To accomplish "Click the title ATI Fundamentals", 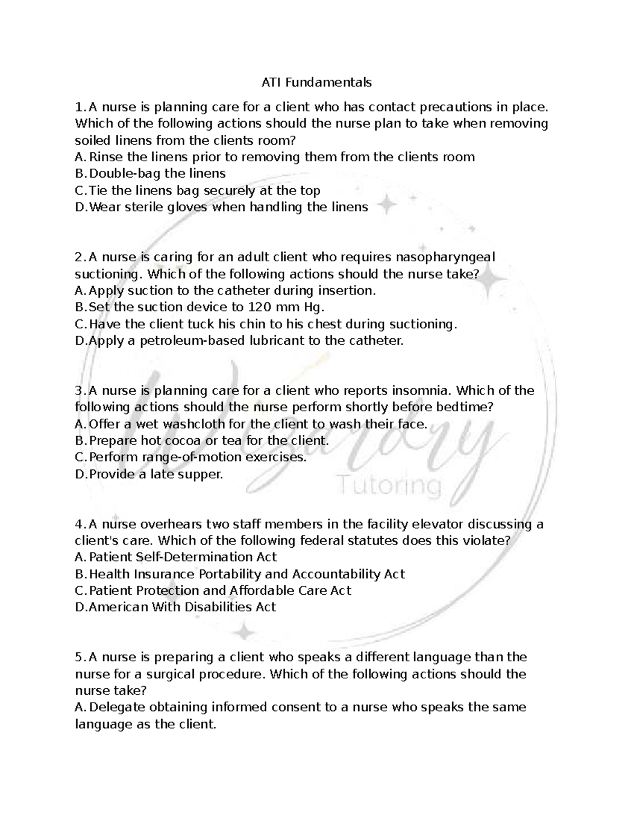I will tap(316, 82).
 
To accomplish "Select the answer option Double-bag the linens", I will tap(157, 173).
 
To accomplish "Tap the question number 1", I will tap(79, 107).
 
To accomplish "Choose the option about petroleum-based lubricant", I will tap(245, 340).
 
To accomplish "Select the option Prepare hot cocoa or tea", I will tap(209, 440).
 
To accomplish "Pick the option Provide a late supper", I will tap(156, 474).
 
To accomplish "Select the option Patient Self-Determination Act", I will tap(182, 557).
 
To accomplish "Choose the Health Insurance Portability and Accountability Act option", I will tap(247, 574).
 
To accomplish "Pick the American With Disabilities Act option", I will tap(182, 607).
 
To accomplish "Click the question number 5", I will tap(79, 658).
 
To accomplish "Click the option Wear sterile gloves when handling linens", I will tap(228, 207).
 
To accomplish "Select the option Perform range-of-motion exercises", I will tap(198, 457).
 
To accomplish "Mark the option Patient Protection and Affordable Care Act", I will tap(220, 591).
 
